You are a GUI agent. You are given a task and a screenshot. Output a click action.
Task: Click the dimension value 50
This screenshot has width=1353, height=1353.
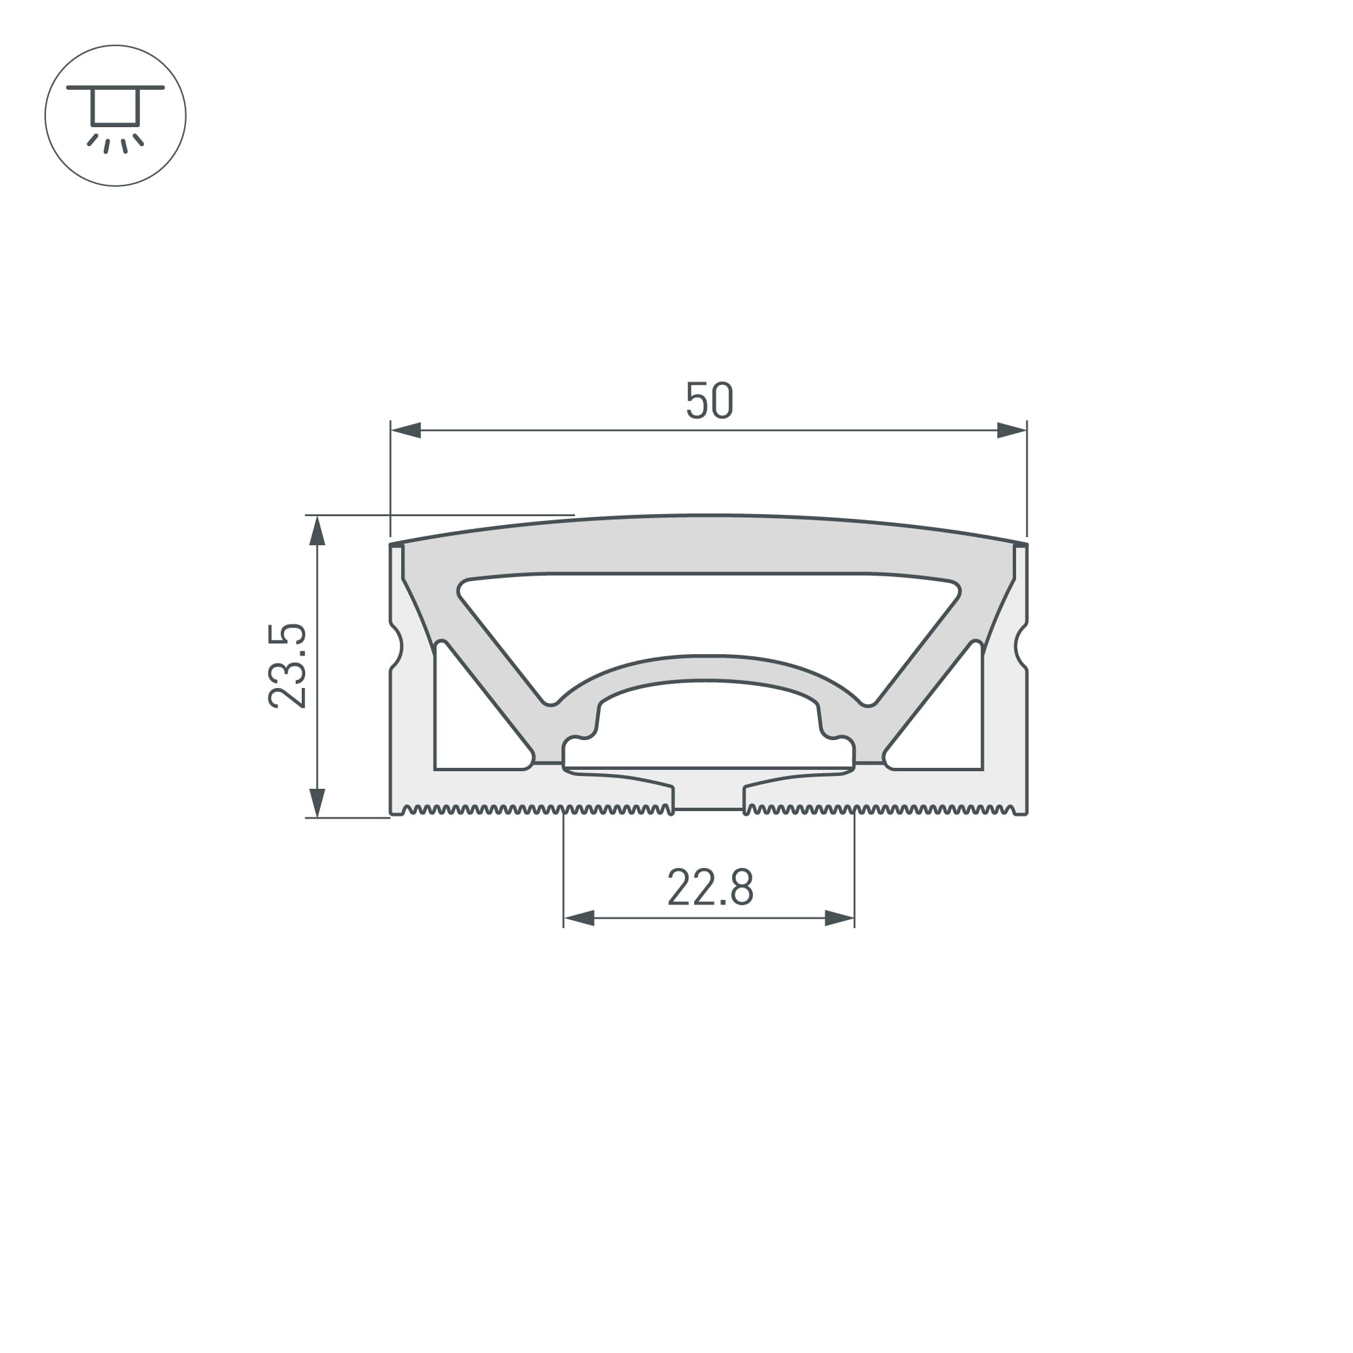tap(709, 400)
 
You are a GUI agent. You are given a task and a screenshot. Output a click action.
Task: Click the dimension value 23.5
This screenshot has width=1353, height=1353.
tap(287, 666)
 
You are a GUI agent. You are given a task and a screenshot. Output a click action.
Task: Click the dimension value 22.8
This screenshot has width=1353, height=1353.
tap(710, 888)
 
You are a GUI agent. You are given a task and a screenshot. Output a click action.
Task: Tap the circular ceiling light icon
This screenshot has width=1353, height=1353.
tap(116, 116)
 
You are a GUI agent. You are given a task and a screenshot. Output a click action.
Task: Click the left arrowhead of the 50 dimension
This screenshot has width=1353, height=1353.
tap(406, 430)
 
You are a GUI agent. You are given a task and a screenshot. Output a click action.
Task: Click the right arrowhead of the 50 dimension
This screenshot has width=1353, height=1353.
tap(1011, 430)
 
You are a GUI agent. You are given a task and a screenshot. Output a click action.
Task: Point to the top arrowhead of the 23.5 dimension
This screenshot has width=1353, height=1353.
tap(317, 531)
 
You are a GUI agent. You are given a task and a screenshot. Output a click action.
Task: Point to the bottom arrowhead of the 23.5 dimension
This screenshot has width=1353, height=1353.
tap(317, 802)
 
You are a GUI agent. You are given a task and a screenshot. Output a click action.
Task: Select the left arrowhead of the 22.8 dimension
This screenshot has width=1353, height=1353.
tap(579, 918)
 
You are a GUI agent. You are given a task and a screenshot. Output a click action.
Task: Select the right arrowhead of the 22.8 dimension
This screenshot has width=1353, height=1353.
tap(840, 918)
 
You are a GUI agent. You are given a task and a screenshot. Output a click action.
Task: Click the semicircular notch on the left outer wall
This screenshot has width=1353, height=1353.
tap(396, 646)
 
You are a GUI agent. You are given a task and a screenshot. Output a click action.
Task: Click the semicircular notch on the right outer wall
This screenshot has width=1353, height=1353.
tap(1020, 646)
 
